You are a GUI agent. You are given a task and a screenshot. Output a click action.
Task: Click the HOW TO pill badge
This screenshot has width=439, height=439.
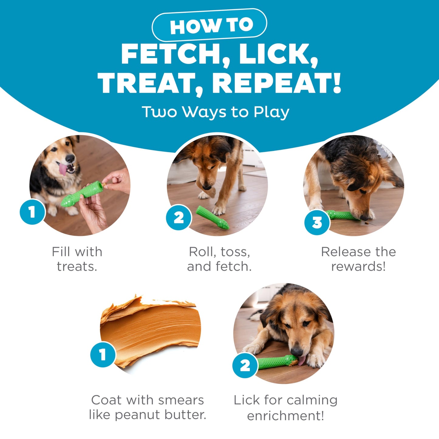(209, 25)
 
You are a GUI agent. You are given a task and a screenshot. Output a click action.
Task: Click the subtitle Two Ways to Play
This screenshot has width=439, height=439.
(215, 112)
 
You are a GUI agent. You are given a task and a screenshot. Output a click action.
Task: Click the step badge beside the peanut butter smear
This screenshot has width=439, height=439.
(103, 355)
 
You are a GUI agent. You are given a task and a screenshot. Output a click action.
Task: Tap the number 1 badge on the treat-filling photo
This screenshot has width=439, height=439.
(33, 212)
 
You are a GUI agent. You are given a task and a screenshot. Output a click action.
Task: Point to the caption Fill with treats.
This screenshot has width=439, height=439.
(77, 259)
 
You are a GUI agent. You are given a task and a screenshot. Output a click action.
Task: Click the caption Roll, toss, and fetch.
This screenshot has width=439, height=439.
(219, 259)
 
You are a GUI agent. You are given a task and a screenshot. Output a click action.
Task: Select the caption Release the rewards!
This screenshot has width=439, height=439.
(358, 259)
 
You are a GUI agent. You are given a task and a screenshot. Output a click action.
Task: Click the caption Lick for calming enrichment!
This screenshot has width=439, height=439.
(286, 408)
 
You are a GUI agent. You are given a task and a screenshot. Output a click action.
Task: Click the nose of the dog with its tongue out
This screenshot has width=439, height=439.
(70, 158)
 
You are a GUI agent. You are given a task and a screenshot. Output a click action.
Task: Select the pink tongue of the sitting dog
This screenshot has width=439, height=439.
(63, 169)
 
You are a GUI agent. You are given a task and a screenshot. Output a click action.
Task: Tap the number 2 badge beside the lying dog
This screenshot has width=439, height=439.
(245, 365)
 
